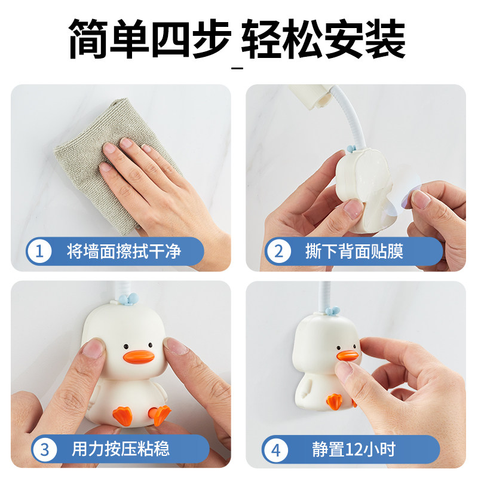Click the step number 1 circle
tap(39, 251)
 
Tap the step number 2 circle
tap(278, 251)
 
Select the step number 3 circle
tap(44, 449)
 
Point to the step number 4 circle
tap(276, 450)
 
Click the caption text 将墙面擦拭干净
tap(124, 252)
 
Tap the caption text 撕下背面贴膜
tap(354, 251)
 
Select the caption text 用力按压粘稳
tap(121, 449)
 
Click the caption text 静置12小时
tap(354, 449)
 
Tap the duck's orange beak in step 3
tap(138, 357)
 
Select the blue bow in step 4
tap(332, 310)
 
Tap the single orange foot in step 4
tap(335, 401)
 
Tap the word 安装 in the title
tap(365, 39)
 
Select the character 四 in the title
tap(171, 39)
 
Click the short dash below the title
tap(237, 68)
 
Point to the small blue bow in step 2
tap(351, 149)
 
